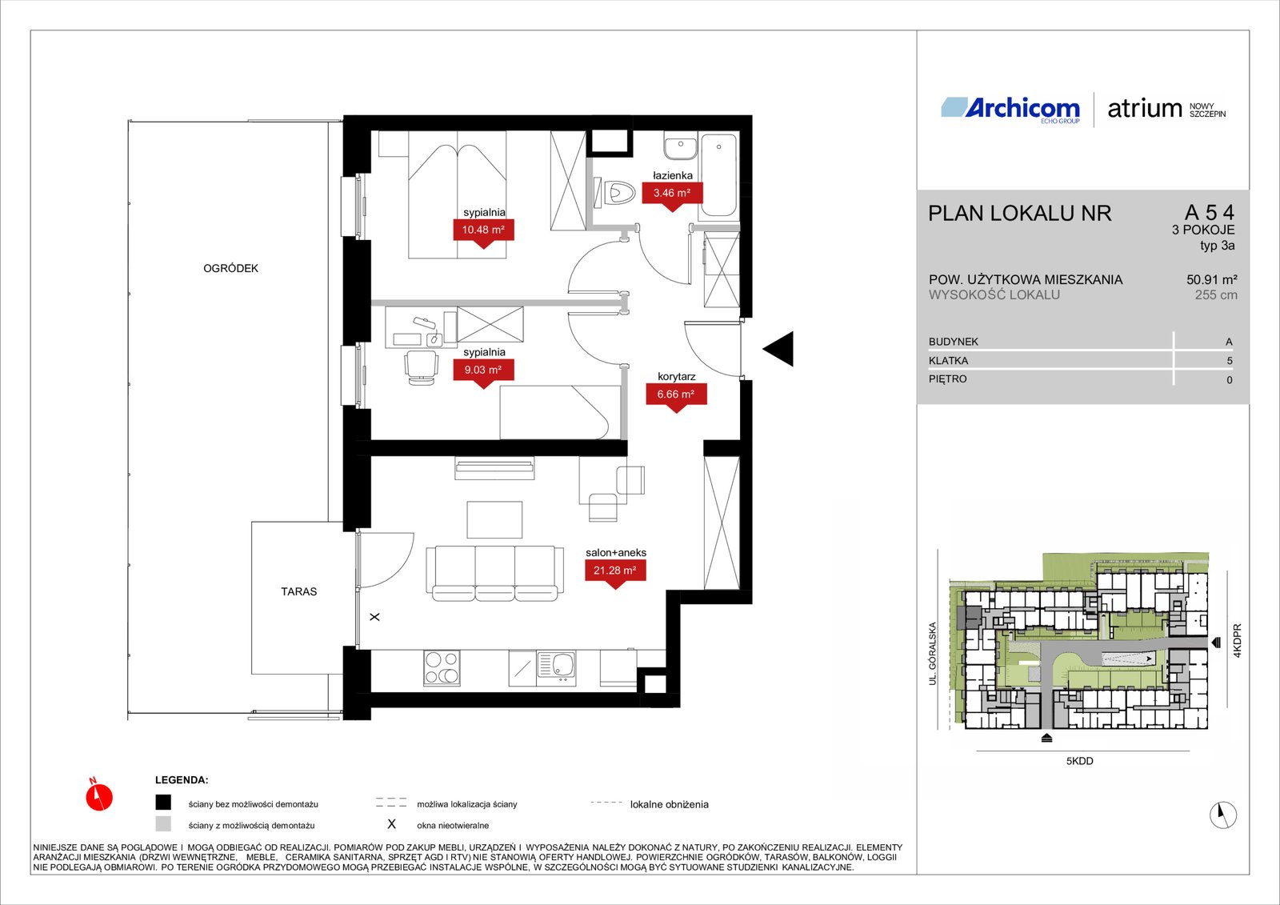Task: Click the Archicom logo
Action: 1010,109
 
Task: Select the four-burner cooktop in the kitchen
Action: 442,667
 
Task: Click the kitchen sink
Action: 556,667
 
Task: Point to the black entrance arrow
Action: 778,349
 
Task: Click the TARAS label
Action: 299,591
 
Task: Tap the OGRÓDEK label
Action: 231,268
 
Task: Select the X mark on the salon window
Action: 375,617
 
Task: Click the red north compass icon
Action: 99,795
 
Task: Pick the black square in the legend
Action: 163,803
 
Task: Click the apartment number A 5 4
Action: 1210,213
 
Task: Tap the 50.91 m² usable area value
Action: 1212,279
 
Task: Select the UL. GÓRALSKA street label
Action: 933,654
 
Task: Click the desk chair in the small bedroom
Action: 422,367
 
